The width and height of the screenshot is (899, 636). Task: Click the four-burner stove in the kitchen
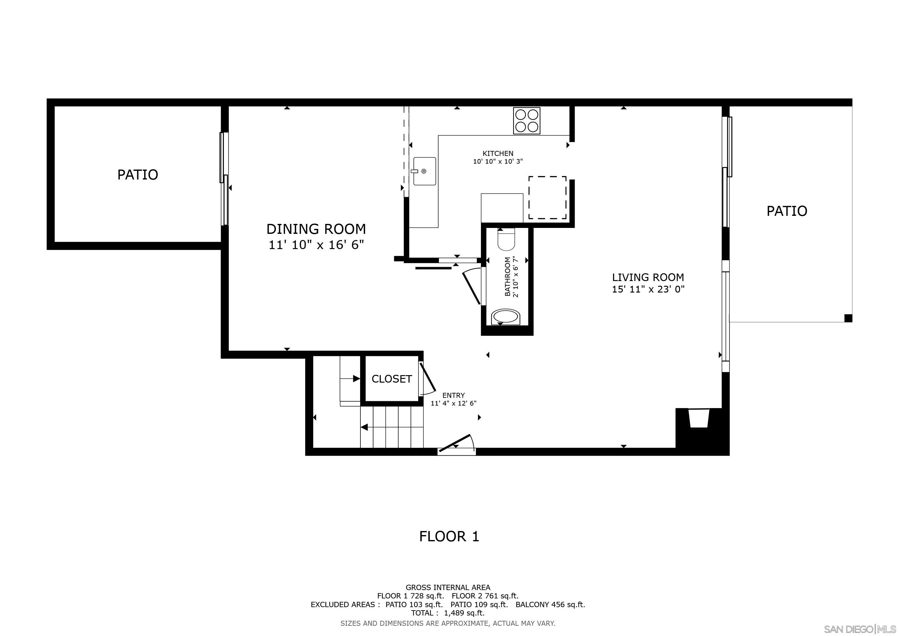tap(526, 120)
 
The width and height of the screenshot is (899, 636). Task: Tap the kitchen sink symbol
tap(424, 171)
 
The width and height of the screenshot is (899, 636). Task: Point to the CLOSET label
tap(391, 379)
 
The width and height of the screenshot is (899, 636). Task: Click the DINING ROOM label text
tap(316, 229)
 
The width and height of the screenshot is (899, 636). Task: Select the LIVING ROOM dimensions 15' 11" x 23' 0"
tap(648, 289)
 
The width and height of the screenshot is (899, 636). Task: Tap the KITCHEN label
tap(498, 153)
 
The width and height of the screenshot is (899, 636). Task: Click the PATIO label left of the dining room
tap(138, 175)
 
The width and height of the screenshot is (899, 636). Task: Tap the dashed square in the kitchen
tap(547, 198)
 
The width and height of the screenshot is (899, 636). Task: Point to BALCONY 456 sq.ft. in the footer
tap(550, 604)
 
